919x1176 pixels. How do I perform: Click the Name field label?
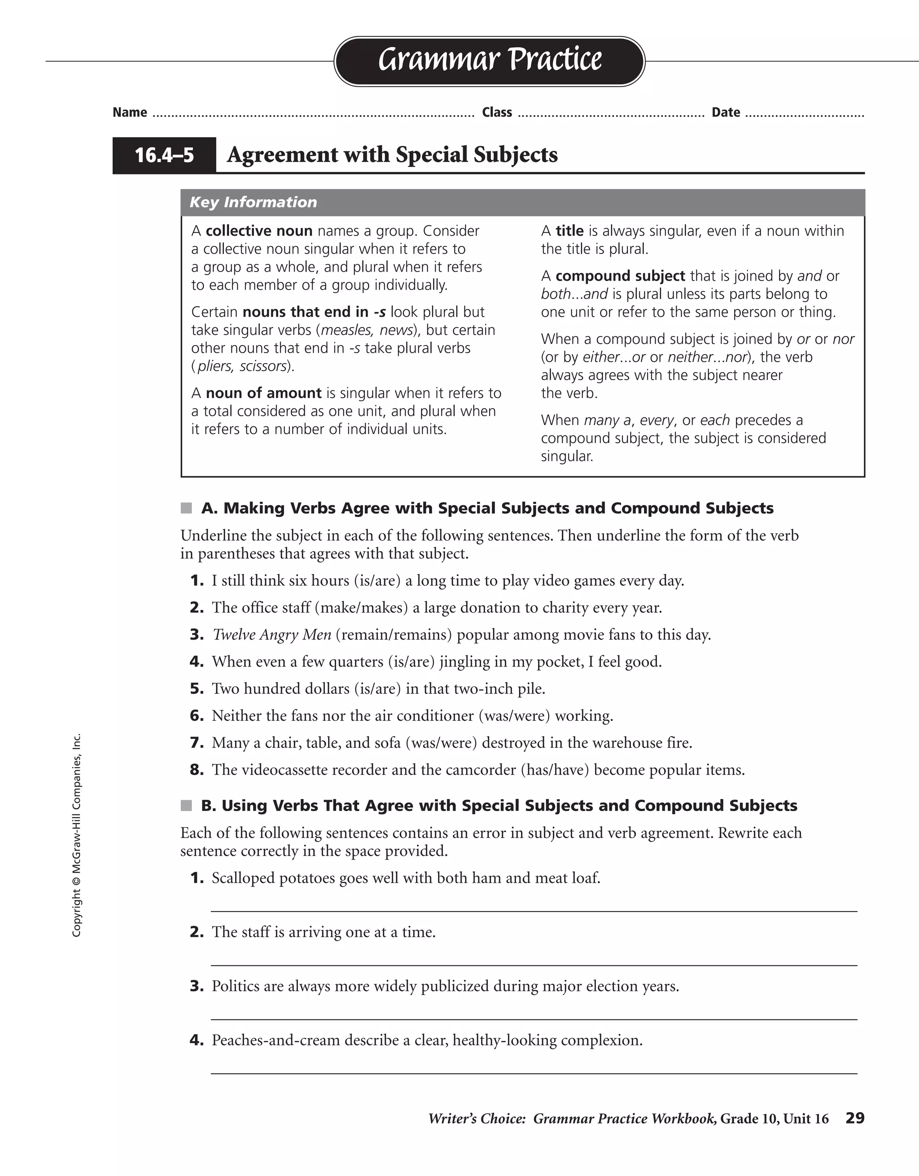(130, 113)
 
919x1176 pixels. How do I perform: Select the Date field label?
(725, 113)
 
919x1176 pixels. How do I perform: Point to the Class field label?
(497, 113)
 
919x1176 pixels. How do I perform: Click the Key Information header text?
(253, 202)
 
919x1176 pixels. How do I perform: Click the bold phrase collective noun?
(259, 231)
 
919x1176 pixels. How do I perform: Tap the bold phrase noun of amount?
(263, 393)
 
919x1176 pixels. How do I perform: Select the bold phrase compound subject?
(620, 276)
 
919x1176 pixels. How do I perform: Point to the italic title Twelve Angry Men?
(272, 635)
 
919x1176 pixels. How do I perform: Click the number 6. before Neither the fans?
(197, 716)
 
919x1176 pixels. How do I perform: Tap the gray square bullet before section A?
(186, 508)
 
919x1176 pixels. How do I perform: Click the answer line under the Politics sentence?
(533, 1019)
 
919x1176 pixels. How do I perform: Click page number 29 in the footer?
(854, 1119)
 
